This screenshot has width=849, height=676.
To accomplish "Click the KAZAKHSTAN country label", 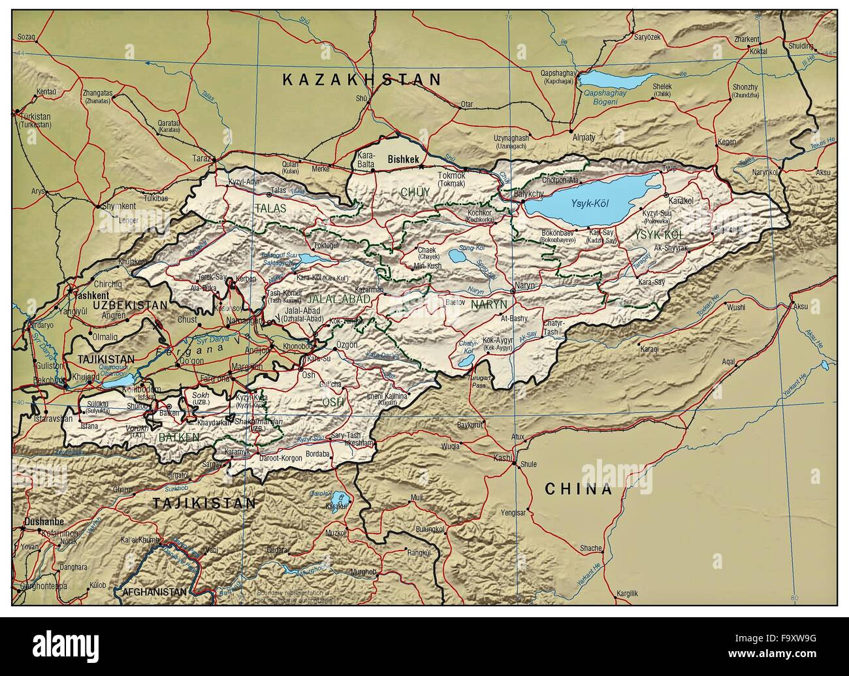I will point(362,80).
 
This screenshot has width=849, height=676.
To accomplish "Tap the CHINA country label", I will point(579,489).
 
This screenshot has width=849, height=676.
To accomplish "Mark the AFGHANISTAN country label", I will point(154,592).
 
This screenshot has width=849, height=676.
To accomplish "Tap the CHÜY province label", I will point(415,191).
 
